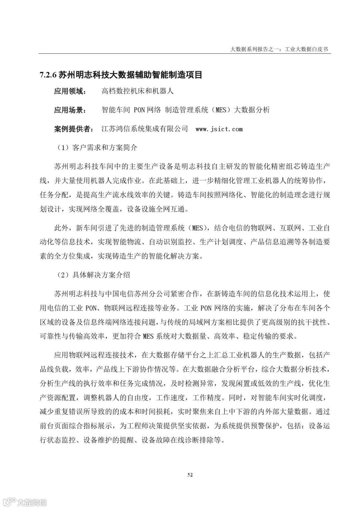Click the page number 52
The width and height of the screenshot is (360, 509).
[190, 475]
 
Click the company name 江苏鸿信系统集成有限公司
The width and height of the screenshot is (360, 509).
[145, 129]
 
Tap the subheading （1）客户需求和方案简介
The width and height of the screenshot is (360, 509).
[95, 148]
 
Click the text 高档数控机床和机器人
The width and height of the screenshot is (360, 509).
[137, 91]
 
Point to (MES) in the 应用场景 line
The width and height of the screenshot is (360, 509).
[221, 110]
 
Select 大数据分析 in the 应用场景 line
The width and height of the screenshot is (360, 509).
[252, 110]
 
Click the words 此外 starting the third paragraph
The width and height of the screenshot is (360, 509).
[61, 228]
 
